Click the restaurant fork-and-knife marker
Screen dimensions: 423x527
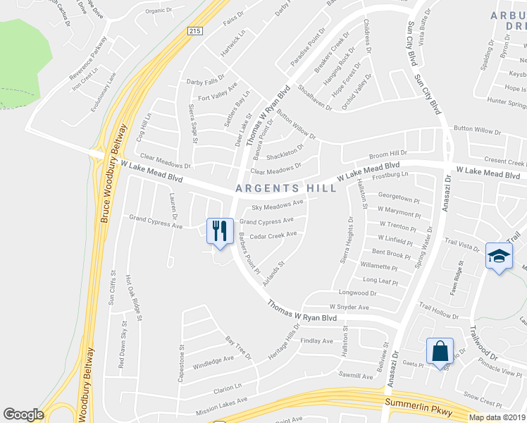click(220, 231)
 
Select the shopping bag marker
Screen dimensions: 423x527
click(440, 350)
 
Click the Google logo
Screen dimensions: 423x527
click(23, 414)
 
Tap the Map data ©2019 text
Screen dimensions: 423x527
click(497, 417)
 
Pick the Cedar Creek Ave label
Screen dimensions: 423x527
click(273, 235)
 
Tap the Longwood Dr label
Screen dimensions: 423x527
click(354, 293)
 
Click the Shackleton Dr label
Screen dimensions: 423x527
click(285, 152)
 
